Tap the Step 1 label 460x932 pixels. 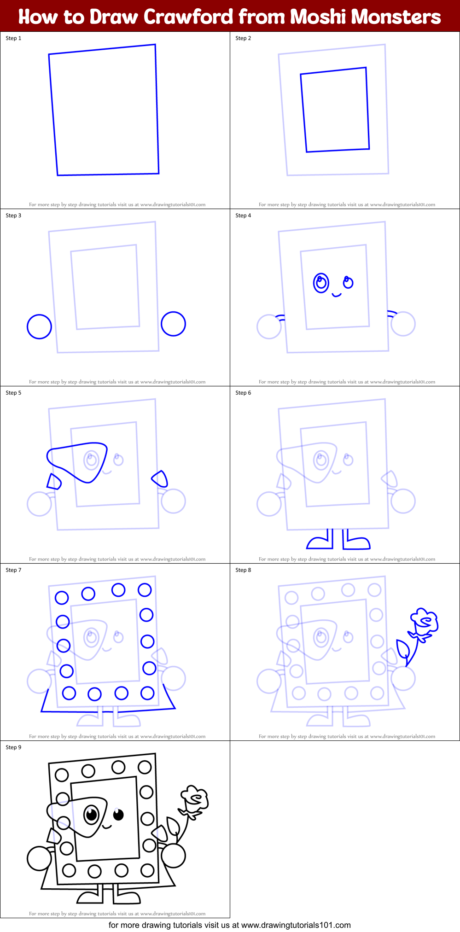pyautogui.click(x=13, y=38)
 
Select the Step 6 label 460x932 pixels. pyautogui.click(x=243, y=393)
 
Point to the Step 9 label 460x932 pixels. pyautogui.click(x=13, y=747)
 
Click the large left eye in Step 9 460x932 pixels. pyautogui.click(x=92, y=815)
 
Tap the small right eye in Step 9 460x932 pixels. pyautogui.click(x=118, y=815)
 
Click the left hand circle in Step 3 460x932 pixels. pyautogui.click(x=40, y=326)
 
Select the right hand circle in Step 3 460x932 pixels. pyautogui.click(x=173, y=324)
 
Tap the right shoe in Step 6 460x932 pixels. pyautogui.click(x=357, y=543)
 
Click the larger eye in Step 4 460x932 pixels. pyautogui.click(x=321, y=283)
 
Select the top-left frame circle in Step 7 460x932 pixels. pyautogui.click(x=62, y=598)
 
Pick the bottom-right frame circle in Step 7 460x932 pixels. pyautogui.click(x=147, y=693)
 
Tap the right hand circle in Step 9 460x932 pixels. pyautogui.click(x=173, y=856)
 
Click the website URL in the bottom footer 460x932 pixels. pyautogui.click(x=296, y=925)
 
